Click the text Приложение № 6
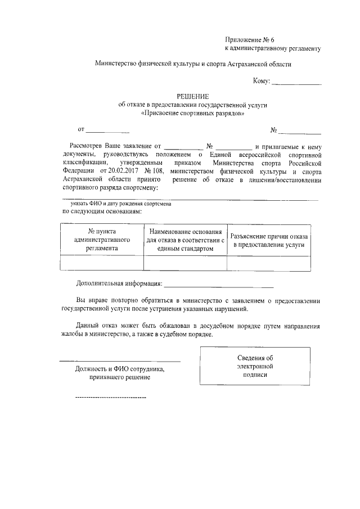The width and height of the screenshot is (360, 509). pos(249,40)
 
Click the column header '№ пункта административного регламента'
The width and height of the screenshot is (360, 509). pos(102,239)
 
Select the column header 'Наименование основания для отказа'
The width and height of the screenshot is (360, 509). pos(185,239)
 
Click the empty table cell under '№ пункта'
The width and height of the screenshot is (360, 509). pos(102,263)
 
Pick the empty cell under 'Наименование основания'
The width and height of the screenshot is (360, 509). pos(185,263)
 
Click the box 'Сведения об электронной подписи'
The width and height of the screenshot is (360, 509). pos(255,366)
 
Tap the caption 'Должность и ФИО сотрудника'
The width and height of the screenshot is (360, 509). pos(119,369)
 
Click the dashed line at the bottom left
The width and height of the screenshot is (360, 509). pos(110,398)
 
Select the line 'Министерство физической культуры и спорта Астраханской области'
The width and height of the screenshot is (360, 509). pos(193,65)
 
